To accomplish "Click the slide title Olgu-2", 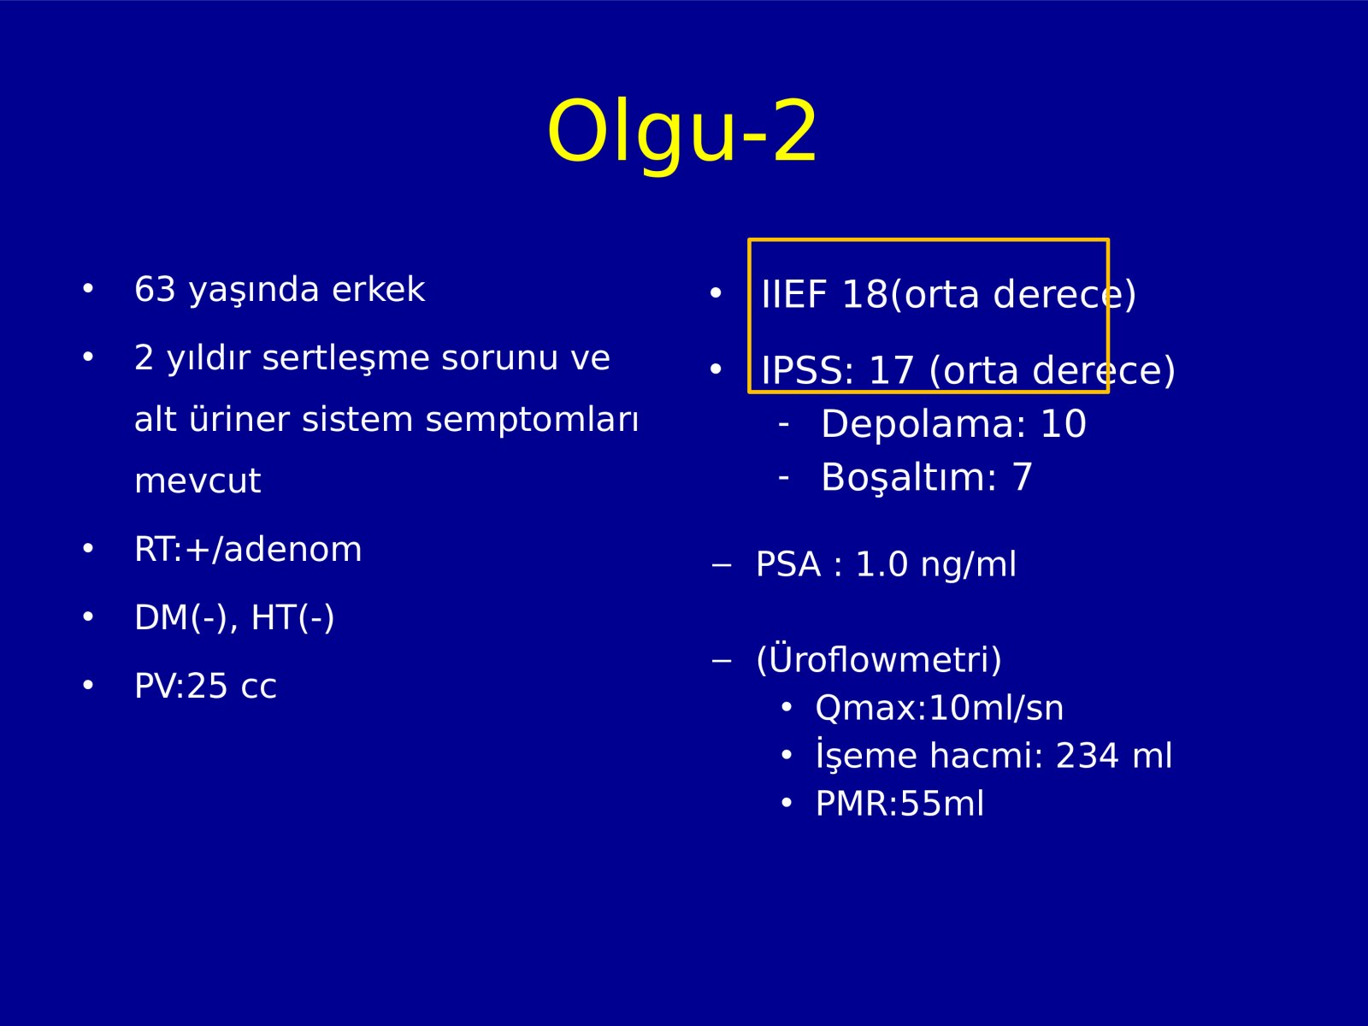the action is tap(681, 132).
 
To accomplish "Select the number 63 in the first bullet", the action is tap(156, 289).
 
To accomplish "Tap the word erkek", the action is tap(378, 289).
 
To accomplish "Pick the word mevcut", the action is tap(198, 481).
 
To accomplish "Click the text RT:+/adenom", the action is tap(248, 550).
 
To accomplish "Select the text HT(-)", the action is tap(292, 618).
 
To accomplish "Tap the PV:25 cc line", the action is tap(205, 686).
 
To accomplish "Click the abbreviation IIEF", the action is tap(794, 294).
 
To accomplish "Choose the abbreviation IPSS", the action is tap(802, 371).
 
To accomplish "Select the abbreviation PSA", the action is tap(788, 564).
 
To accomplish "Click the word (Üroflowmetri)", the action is tap(879, 659).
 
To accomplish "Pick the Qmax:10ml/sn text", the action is tap(939, 708).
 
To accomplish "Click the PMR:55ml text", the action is tap(900, 804).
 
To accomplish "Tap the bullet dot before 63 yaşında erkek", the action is tap(88, 288).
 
